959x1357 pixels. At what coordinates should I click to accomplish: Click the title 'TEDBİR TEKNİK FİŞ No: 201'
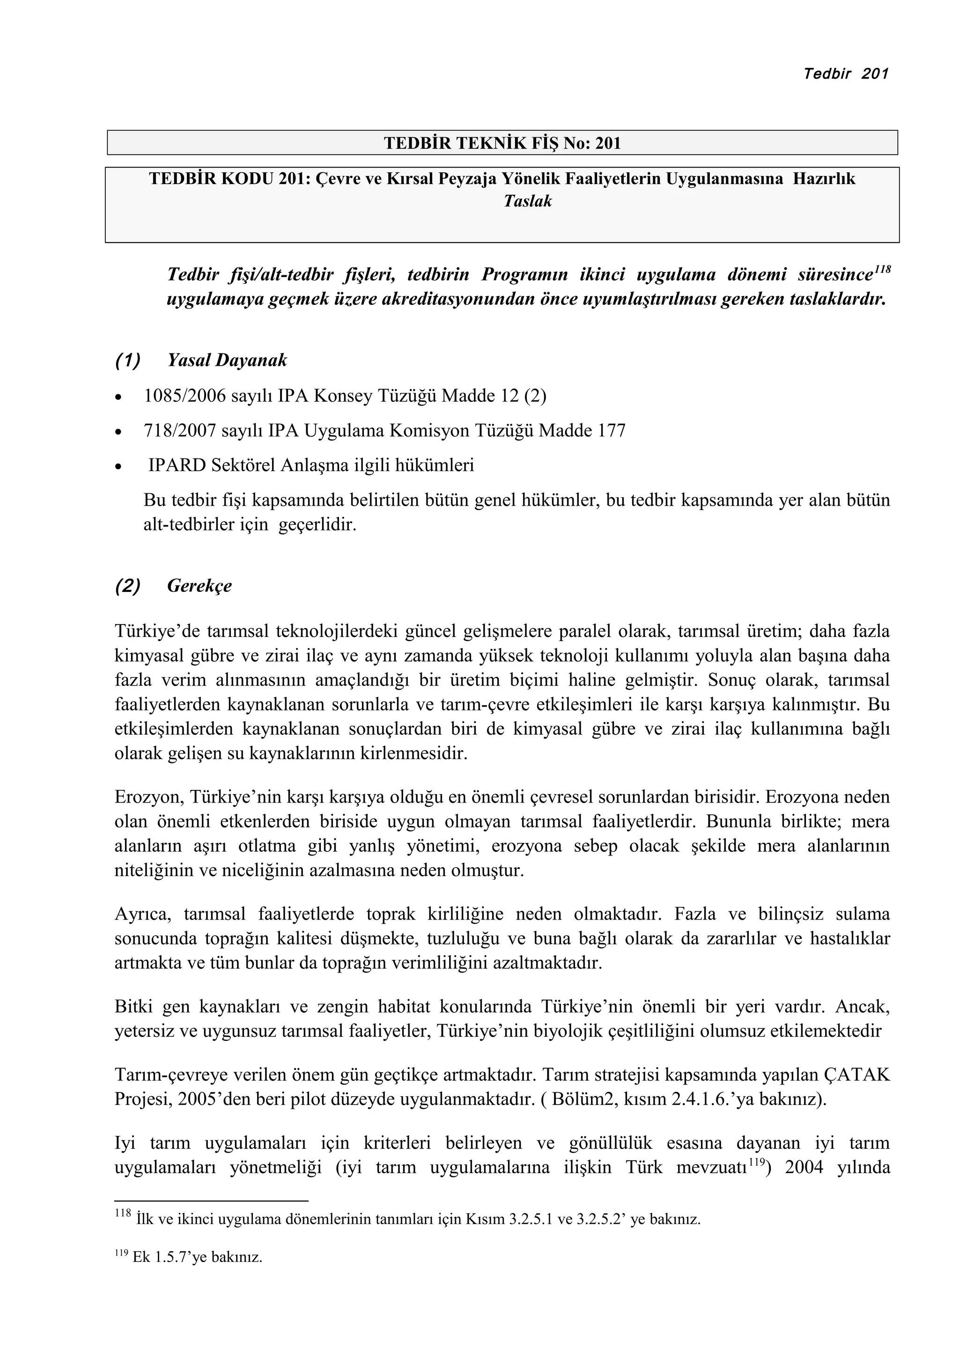coord(502,143)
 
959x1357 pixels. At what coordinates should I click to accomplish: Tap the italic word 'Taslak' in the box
coord(527,201)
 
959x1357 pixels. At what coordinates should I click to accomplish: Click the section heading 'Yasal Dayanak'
coord(227,360)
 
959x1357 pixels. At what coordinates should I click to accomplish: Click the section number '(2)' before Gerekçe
coord(128,586)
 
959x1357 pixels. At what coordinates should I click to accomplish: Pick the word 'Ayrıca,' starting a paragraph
coord(142,914)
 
